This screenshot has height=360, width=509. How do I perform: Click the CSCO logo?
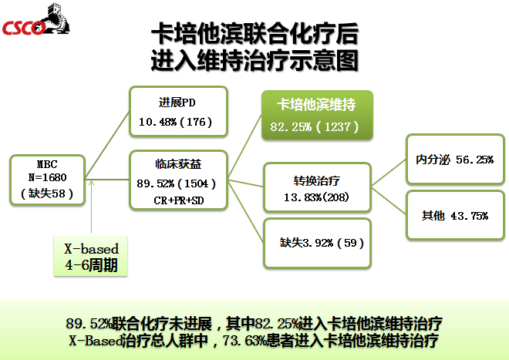click(36, 19)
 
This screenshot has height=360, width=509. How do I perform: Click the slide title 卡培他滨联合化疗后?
click(254, 33)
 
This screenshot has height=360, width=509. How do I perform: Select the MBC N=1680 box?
click(47, 180)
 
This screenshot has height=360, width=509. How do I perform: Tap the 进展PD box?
click(179, 111)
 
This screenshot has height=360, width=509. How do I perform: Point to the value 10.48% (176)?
click(176, 122)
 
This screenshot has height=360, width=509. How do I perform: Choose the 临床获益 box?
click(179, 180)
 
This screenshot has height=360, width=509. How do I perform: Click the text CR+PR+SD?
click(179, 200)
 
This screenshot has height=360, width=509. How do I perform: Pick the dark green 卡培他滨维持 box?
click(317, 115)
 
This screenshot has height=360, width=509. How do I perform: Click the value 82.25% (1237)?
click(314, 126)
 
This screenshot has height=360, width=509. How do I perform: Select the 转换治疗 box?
click(317, 187)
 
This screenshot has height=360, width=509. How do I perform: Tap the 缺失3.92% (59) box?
click(317, 243)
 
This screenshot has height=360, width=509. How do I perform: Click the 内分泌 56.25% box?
click(455, 159)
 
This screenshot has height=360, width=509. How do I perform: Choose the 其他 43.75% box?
click(455, 216)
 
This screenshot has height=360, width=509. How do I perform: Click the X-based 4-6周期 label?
click(90, 257)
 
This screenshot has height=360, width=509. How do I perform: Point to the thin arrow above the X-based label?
click(92, 207)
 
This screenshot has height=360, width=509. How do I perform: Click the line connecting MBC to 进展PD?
click(107, 146)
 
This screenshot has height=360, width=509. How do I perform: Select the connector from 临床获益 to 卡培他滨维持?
click(244, 146)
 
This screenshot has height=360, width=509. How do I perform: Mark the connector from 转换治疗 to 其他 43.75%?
click(389, 200)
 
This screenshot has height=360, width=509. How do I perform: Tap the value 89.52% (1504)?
click(177, 183)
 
